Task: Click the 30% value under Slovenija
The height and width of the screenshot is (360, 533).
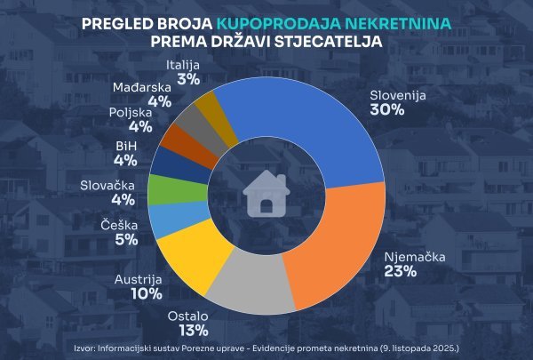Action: tap(387, 110)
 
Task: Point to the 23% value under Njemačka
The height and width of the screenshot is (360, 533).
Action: tap(401, 272)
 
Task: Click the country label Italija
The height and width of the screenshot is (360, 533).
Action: tap(184, 65)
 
